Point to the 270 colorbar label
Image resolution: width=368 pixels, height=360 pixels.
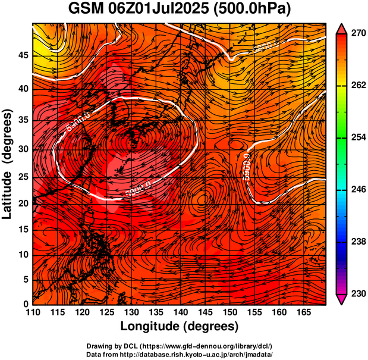tap(358, 34)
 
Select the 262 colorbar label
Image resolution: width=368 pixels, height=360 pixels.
tap(358, 86)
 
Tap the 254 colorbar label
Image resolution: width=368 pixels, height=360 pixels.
tap(358, 137)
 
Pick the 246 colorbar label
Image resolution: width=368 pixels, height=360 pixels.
tap(358, 189)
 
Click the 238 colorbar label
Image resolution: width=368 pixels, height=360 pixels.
tap(358, 242)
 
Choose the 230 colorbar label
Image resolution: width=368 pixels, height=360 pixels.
tap(358, 293)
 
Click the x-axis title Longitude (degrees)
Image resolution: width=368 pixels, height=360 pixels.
tap(179, 326)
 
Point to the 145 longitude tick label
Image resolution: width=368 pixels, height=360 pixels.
tap(204, 312)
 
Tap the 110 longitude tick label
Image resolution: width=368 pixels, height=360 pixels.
tap(33, 312)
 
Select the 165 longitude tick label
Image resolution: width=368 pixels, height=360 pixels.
tap(302, 312)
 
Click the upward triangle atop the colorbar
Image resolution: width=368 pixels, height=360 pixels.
tap(342, 29)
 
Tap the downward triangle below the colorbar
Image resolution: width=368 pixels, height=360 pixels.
tap(342, 299)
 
